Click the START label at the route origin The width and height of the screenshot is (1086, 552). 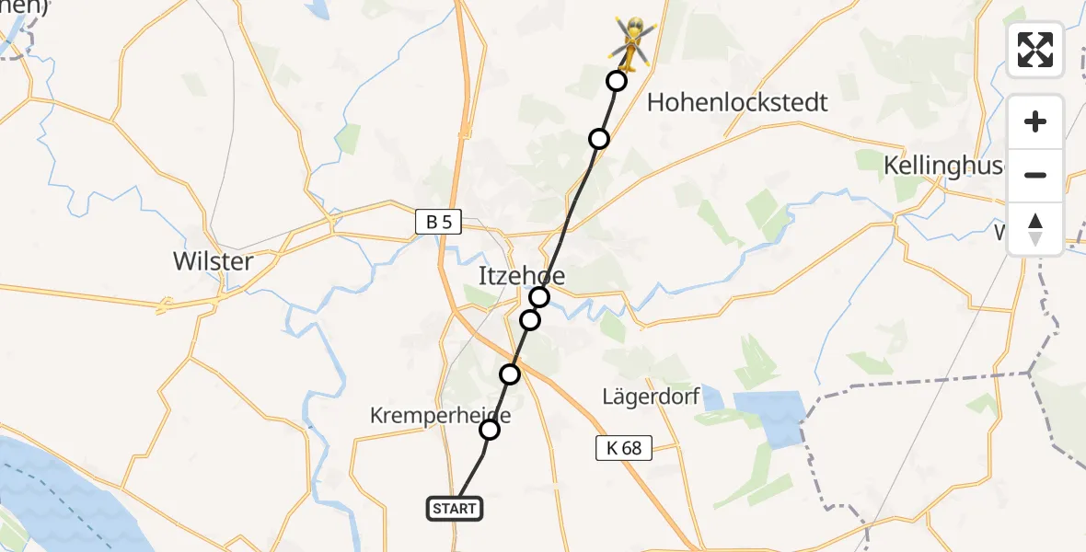(455, 509)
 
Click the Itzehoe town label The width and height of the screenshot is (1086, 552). (522, 275)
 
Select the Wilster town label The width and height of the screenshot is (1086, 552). (213, 261)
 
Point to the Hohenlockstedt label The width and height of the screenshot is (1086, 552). (737, 102)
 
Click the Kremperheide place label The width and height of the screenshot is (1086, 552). (440, 416)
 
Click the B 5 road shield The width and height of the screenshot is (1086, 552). (438, 222)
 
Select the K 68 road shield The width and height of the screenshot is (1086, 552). (623, 448)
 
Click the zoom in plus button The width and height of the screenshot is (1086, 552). (1035, 121)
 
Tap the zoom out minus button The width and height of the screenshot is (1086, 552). (1035, 175)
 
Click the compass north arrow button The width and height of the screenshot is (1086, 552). (1035, 228)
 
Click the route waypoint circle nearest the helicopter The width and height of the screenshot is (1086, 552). (617, 81)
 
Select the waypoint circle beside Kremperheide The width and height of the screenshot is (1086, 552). (490, 430)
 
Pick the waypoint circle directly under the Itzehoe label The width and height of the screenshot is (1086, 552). (539, 296)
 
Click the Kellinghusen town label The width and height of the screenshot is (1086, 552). (943, 166)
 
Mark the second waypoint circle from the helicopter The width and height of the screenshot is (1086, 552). (599, 139)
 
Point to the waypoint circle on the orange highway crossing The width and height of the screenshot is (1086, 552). (510, 374)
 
